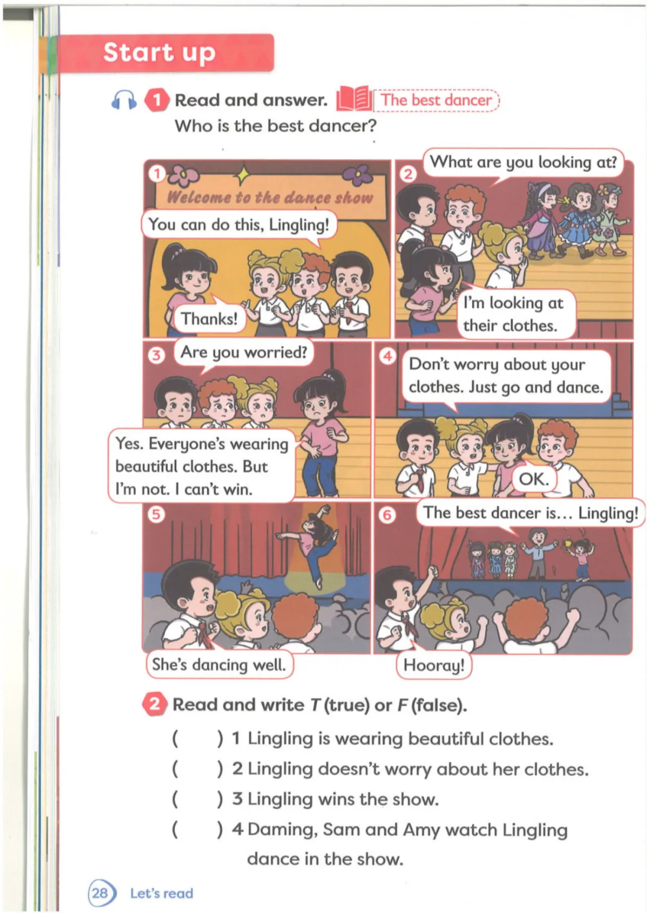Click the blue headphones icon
(x=123, y=100)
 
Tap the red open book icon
(x=354, y=99)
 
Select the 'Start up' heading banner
(x=167, y=53)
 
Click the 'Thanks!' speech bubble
(x=209, y=319)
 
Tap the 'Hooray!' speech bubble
(x=434, y=665)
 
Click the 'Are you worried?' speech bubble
(x=244, y=352)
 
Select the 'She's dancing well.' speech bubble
(x=219, y=665)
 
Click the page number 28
(x=100, y=893)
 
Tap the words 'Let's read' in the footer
(x=162, y=893)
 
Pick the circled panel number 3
(x=156, y=356)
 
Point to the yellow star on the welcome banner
(x=243, y=175)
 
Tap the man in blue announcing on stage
(x=538, y=552)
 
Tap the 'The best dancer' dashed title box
(x=436, y=100)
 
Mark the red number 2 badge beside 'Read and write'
(x=155, y=704)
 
